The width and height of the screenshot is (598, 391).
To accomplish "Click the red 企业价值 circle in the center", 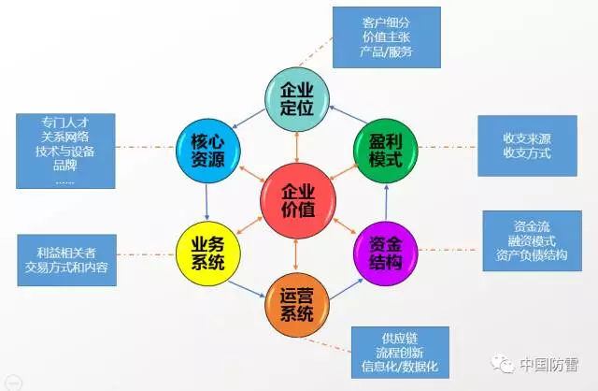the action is coord(298,201).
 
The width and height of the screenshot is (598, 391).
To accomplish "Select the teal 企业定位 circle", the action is coord(297,99).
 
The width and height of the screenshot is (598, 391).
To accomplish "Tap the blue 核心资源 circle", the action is coord(208,151).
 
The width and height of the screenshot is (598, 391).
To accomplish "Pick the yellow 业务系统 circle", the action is coord(208,253).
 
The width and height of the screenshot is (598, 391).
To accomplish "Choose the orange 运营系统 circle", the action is coord(297,305).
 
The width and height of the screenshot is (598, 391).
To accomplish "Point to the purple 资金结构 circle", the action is coord(386,253).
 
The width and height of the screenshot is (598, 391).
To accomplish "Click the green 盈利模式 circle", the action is coord(386,151).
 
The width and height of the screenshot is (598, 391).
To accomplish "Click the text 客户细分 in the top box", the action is coord(386,22).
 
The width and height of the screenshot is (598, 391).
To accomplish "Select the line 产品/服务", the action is coord(386,51).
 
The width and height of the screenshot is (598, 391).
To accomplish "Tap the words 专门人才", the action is coord(65,123).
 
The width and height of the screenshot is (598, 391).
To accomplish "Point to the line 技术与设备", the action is coord(65,152).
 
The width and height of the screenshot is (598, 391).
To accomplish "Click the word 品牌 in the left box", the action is coord(65,166).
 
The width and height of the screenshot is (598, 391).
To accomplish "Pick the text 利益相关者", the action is coord(66,253).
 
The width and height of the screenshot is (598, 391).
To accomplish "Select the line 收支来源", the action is coord(527,138).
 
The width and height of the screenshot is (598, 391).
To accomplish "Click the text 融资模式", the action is coord(532,240).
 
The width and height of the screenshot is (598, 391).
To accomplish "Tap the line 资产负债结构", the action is coord(532,254).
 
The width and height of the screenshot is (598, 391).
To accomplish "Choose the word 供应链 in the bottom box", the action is coord(400,338).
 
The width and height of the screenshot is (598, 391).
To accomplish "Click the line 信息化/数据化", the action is coord(400,367).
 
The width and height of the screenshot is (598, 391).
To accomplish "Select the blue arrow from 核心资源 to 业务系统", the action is coord(206,202).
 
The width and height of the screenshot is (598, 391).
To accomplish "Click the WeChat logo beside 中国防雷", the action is coord(503,364).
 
